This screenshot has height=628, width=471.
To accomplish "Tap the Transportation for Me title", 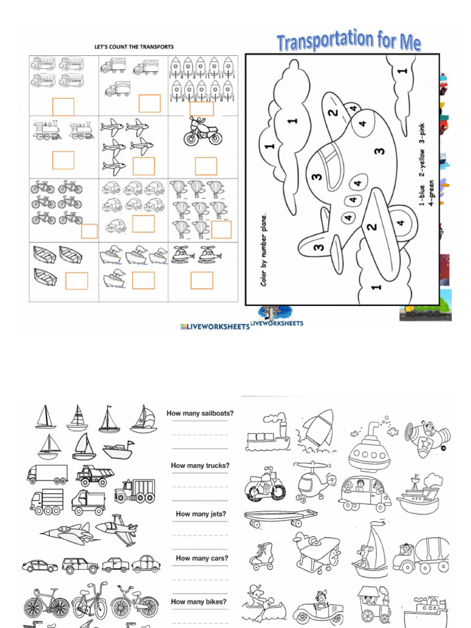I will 348,42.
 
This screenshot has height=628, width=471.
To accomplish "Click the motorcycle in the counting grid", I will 203,131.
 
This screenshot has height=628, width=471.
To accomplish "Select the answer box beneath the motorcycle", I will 205,166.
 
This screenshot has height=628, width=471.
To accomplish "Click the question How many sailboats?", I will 200,413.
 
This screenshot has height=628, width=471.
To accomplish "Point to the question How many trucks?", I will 200,465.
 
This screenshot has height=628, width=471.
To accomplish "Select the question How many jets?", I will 201,514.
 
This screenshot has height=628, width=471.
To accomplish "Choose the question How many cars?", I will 202,558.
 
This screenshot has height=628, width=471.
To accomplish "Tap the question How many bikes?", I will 198,602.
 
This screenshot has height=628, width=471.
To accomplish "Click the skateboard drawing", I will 280,518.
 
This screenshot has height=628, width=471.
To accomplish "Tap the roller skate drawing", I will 261,556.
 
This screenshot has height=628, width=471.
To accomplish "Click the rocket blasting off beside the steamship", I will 318,428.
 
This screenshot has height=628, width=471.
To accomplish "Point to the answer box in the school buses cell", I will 63,107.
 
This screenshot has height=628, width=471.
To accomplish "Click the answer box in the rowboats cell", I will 77,281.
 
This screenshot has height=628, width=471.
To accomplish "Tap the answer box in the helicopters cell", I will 202,280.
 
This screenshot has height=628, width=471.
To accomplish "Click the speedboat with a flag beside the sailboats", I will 118,451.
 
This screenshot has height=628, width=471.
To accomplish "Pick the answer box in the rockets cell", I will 202,109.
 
